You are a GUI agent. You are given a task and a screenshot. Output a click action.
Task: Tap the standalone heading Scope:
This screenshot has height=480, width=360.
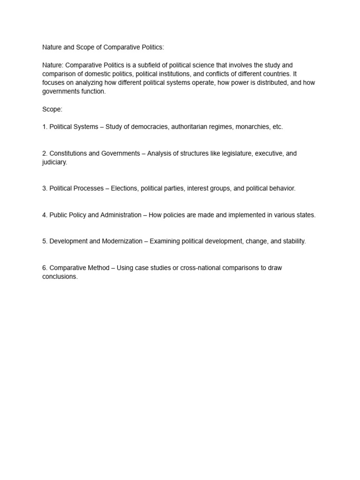pyautogui.click(x=52, y=109)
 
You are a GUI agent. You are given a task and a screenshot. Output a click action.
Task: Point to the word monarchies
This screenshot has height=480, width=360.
pyautogui.click(x=252, y=127)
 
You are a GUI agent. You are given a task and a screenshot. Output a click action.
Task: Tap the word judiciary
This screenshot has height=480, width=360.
pyautogui.click(x=54, y=162)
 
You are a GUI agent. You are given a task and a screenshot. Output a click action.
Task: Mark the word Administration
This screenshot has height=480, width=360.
pyautogui.click(x=120, y=215)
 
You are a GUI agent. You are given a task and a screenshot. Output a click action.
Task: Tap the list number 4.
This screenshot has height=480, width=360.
pyautogui.click(x=45, y=215)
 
